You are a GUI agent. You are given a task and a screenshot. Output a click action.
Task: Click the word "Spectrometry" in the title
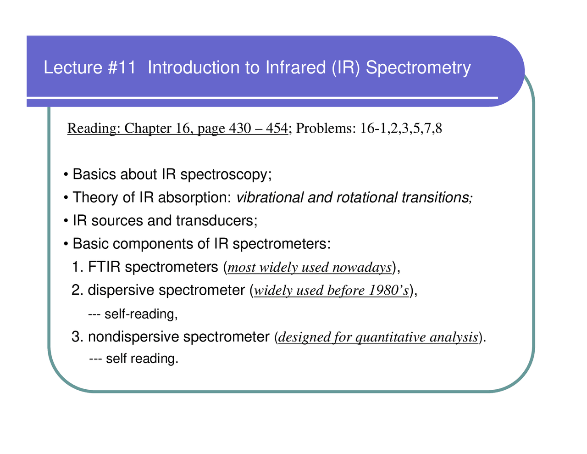[x=418, y=68]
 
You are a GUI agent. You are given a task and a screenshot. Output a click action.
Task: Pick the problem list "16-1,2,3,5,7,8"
[x=401, y=129]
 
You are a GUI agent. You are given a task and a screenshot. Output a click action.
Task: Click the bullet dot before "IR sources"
[x=67, y=221]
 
